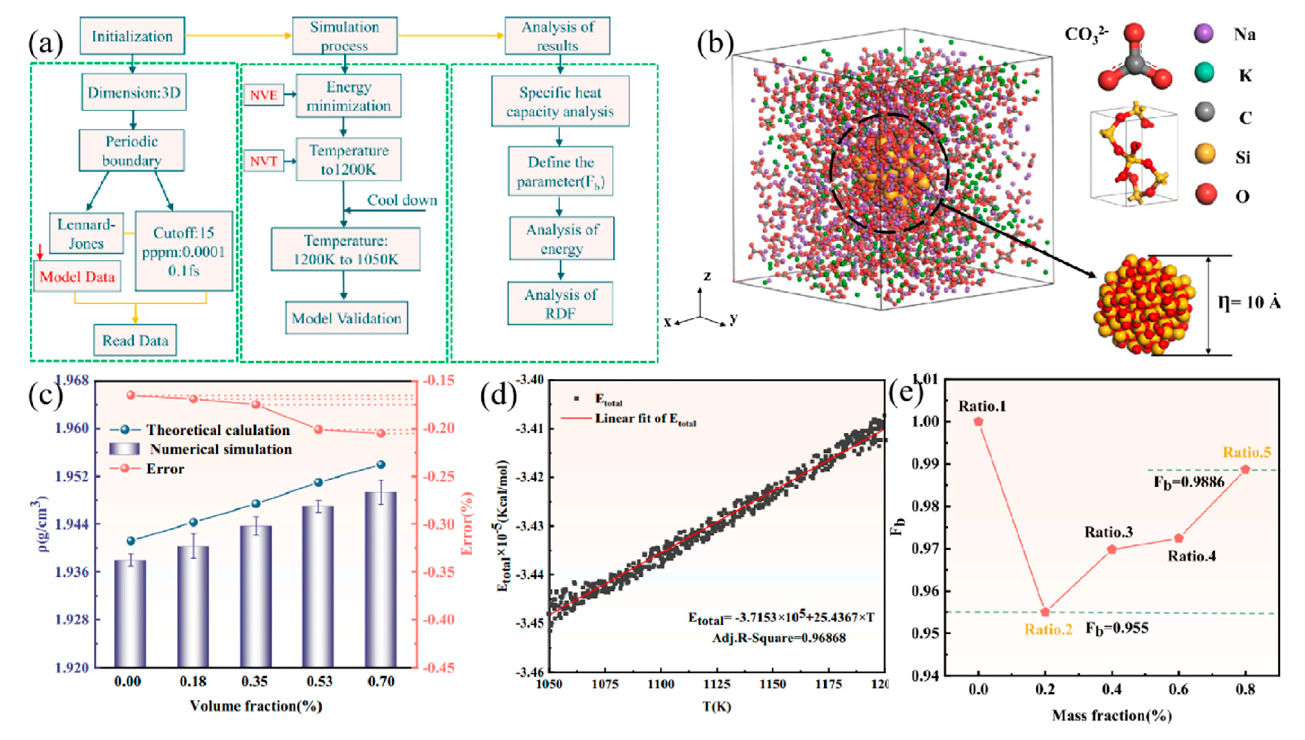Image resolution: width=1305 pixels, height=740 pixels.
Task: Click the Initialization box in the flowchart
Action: (x=132, y=36)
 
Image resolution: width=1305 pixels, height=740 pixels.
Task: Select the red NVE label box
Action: (x=263, y=95)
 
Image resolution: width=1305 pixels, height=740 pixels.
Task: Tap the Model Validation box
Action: (x=346, y=318)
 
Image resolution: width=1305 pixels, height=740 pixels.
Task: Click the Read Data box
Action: (x=135, y=340)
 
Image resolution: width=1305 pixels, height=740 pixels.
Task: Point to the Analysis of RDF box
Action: (x=560, y=304)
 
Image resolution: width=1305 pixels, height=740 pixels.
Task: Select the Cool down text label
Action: (x=402, y=200)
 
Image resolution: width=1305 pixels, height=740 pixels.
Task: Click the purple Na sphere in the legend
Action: (x=1204, y=34)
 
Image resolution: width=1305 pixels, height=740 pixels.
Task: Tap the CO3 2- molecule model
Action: (x=1134, y=60)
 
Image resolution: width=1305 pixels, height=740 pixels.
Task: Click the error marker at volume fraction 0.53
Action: (x=319, y=429)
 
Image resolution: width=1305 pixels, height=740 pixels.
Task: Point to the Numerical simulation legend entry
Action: (x=221, y=449)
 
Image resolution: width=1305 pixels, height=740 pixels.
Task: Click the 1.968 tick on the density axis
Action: (x=72, y=380)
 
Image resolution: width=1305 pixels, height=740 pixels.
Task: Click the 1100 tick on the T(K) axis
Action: (x=661, y=684)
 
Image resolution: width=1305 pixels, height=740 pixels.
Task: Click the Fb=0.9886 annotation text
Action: (x=1189, y=481)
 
